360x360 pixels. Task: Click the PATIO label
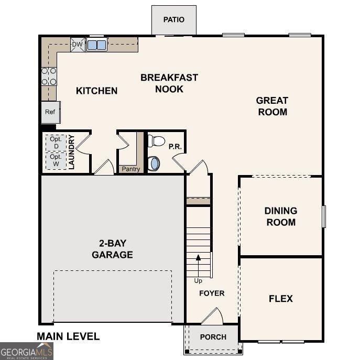[174, 20]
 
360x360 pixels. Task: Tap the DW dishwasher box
[78, 45]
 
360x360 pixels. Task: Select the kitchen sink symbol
[96, 45]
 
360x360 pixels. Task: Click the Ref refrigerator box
[50, 112]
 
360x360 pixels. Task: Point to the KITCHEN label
[97, 91]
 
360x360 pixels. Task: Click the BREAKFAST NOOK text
[169, 83]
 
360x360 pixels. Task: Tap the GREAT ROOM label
[271, 106]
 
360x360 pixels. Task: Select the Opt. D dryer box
[56, 142]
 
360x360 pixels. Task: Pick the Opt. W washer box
[56, 160]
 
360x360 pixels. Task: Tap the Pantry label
[130, 169]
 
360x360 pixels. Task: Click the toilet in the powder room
[157, 141]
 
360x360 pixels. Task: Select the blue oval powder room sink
[155, 163]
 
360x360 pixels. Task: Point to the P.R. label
[175, 147]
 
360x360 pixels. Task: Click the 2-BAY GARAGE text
[112, 249]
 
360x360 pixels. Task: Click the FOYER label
[212, 293]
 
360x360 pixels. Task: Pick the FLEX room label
[281, 299]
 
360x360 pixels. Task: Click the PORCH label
[213, 337]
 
